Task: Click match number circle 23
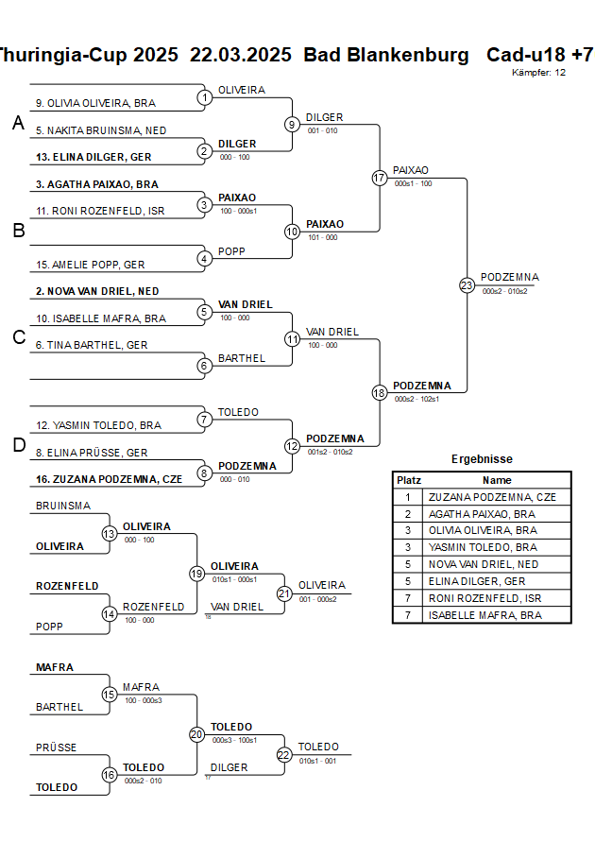[467, 284]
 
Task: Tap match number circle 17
[380, 177]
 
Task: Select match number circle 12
[292, 446]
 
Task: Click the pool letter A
[18, 123]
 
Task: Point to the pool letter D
[18, 446]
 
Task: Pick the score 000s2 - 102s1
[416, 399]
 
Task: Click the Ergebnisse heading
[482, 459]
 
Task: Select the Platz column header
[408, 480]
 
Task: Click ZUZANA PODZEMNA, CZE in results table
[492, 497]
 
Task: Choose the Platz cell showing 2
[408, 514]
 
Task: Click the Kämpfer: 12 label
[539, 72]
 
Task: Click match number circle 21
[284, 593]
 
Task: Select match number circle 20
[196, 734]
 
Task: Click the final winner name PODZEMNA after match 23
[510, 277]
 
